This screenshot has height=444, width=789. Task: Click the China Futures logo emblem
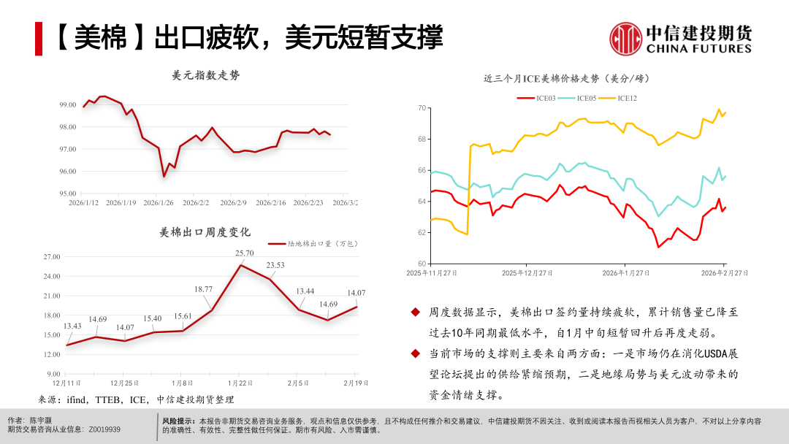point(625,37)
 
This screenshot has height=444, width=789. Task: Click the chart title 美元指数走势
point(205,75)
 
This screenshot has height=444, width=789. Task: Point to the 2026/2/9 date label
point(235,202)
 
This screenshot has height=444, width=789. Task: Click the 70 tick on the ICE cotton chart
point(422,108)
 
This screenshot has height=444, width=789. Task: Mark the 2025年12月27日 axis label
point(527,273)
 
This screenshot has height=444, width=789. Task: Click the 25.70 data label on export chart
point(245,253)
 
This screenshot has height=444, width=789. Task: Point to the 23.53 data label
point(275,265)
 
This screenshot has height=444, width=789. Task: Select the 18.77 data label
point(204,289)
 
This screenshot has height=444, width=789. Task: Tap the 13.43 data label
point(72,326)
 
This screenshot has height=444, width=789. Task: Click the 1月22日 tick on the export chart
point(240,383)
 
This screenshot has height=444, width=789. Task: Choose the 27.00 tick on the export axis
point(52,257)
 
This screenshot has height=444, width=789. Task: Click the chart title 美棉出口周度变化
point(205,232)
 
